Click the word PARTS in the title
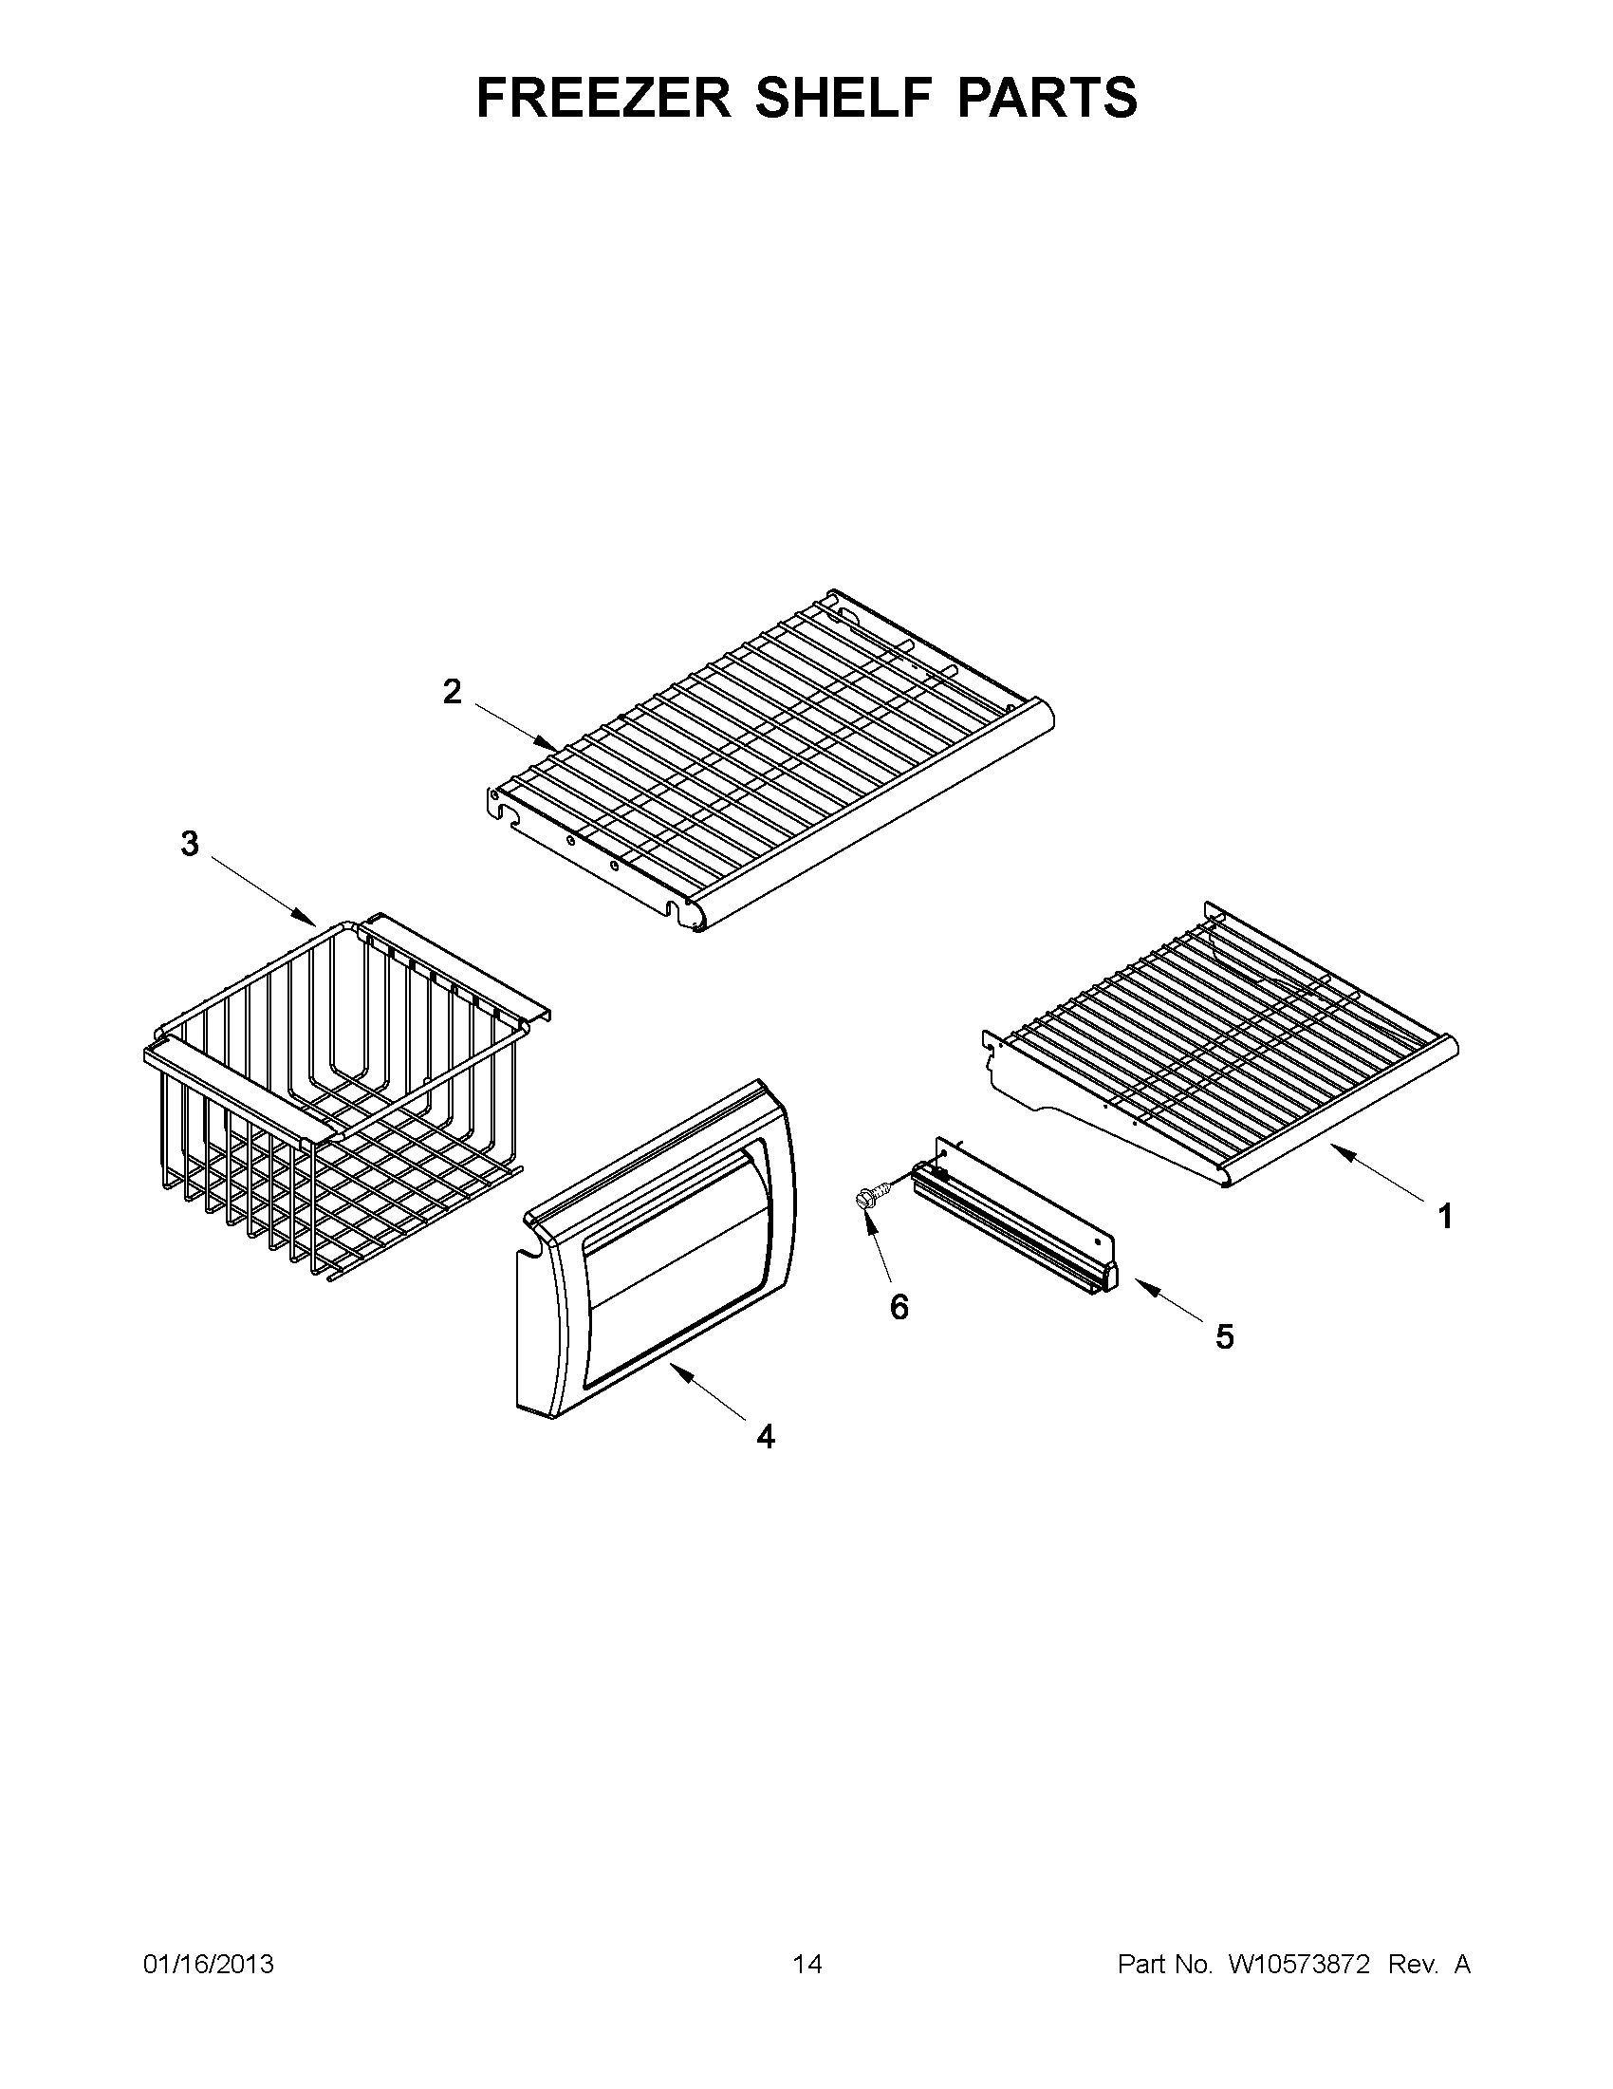click(x=1042, y=98)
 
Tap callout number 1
click(x=1446, y=1218)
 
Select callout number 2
click(x=453, y=691)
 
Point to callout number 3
click(x=191, y=844)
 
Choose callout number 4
click(x=765, y=1463)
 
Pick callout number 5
click(x=1225, y=1337)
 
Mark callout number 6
click(x=899, y=1307)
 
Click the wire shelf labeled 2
click(x=765, y=765)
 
